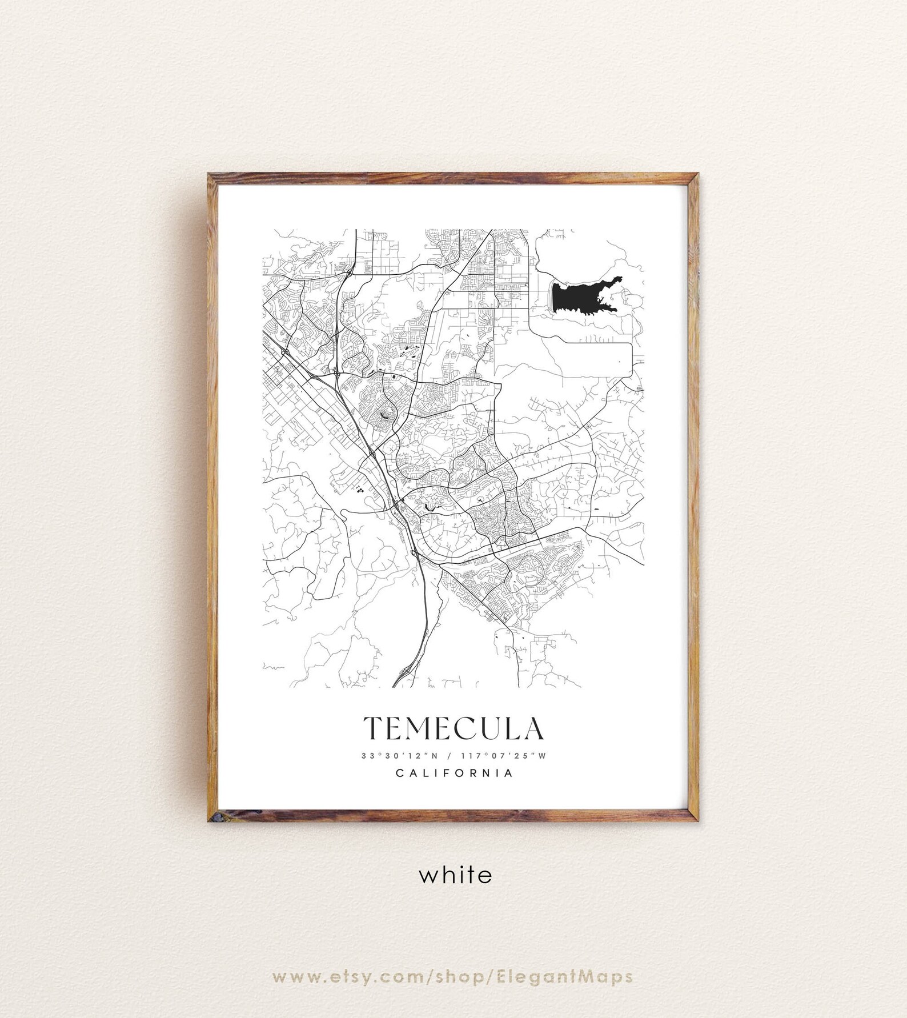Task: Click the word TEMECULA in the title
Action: (x=453, y=728)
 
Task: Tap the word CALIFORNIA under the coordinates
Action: (x=454, y=773)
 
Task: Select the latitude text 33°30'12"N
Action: (x=399, y=755)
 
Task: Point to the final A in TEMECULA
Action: (x=532, y=728)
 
